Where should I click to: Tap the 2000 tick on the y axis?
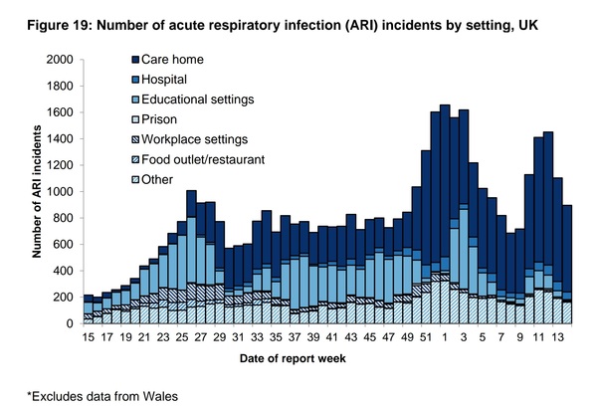(x=58, y=60)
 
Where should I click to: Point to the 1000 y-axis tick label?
(x=58, y=192)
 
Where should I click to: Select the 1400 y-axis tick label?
(x=58, y=139)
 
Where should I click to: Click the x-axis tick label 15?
(x=87, y=338)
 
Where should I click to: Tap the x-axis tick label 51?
(x=398, y=338)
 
